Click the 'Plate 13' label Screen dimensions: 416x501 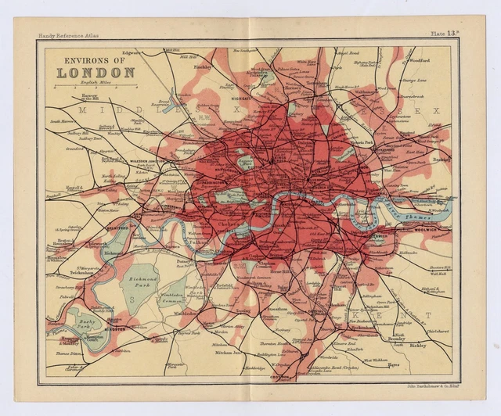pos(445,34)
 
